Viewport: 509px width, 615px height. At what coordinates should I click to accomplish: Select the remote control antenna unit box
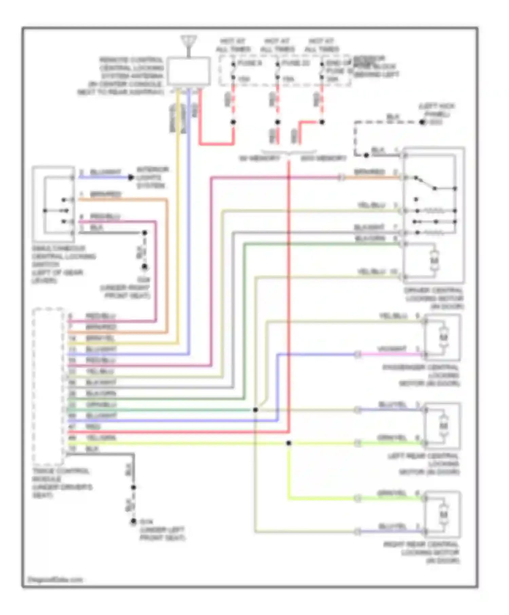(188, 71)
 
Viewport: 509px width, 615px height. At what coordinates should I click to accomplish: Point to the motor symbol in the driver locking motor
(434, 260)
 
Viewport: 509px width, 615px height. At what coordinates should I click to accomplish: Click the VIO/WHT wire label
(392, 349)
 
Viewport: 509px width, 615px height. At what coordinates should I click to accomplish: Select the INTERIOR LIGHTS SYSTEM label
(152, 177)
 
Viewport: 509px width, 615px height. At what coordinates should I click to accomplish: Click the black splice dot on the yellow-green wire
(288, 443)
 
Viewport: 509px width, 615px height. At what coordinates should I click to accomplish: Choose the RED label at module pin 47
(93, 426)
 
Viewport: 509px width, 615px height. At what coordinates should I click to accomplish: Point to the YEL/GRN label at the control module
(101, 438)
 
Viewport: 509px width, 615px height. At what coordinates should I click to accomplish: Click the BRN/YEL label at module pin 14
(100, 338)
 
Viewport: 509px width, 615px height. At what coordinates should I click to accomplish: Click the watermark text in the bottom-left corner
(55, 580)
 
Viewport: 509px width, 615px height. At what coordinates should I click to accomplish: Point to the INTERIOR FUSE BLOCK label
(375, 66)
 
